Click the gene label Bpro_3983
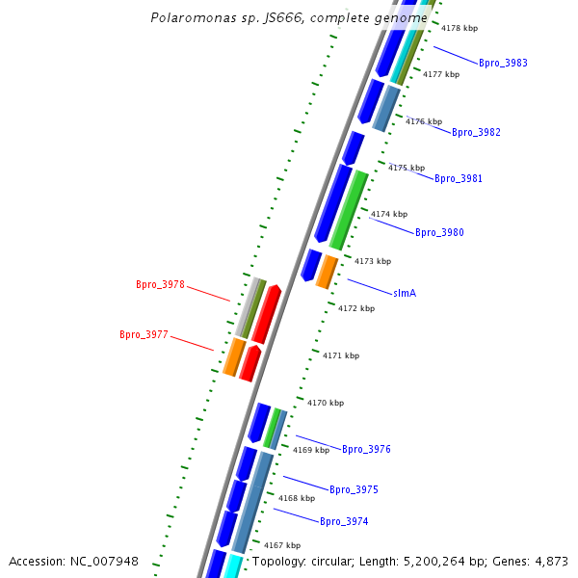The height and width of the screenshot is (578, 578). [x=503, y=63]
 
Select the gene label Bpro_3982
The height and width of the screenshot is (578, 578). [x=476, y=132]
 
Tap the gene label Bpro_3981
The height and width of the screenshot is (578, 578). [x=459, y=178]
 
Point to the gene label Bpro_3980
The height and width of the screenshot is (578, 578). [x=439, y=232]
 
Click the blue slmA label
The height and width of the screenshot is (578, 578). [x=405, y=292]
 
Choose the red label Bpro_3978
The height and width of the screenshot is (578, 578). [x=160, y=285]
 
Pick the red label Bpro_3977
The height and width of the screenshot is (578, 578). [x=144, y=335]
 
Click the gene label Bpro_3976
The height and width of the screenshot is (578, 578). [x=366, y=450]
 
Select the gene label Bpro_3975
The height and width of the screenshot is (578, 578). [x=354, y=490]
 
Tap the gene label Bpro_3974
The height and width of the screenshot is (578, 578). [x=344, y=521]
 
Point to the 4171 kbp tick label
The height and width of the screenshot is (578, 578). [x=340, y=355]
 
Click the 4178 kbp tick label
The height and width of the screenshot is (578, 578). [x=459, y=29]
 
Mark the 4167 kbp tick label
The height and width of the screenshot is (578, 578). [x=282, y=545]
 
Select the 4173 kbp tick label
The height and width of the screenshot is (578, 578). [x=373, y=261]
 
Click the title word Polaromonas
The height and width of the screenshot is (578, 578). [x=190, y=17]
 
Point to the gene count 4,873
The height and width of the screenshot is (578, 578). [x=550, y=561]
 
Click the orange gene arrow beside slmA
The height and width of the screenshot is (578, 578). [x=328, y=272]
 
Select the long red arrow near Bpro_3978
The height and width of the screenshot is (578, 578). [x=267, y=314]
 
